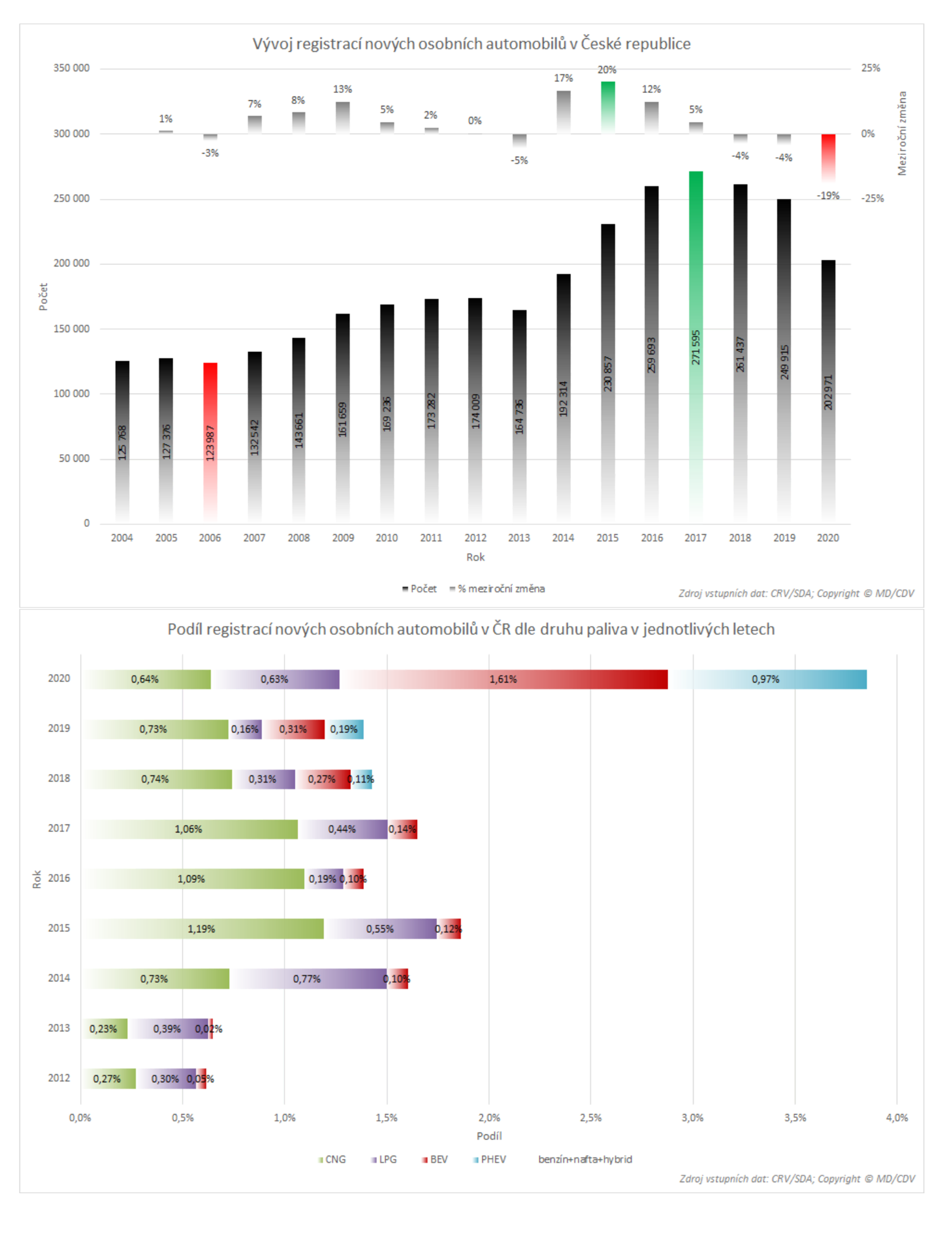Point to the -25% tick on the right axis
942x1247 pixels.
(872, 198)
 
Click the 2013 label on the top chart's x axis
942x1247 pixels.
(518, 538)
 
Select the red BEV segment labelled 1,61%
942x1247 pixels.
(503, 679)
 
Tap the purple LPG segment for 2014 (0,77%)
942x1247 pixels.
(307, 979)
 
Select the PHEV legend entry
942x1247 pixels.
(489, 1159)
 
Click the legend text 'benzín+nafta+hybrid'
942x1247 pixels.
(585, 1159)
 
